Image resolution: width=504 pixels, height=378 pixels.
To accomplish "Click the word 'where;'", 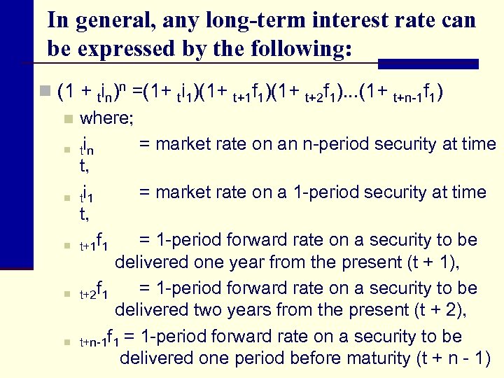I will [106, 118].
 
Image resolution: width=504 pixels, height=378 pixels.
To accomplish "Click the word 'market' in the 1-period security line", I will [185, 192].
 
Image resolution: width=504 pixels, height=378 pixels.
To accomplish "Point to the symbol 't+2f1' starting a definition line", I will [93, 289].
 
